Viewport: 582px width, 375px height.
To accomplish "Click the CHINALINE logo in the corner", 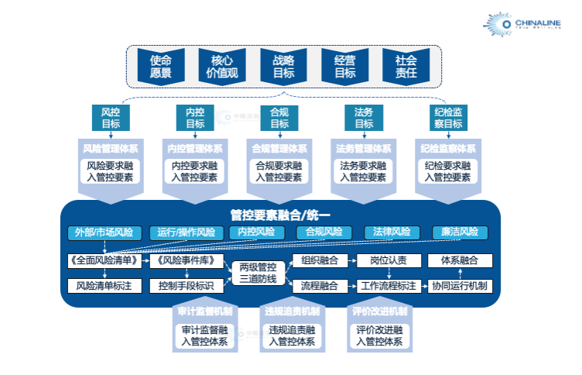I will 534,24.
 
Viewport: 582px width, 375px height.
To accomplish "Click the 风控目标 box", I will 111,118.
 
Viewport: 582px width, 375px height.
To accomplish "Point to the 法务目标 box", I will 364,118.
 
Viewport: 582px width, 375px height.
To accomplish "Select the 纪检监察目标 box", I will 448,118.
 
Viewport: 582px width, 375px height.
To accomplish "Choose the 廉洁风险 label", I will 460,232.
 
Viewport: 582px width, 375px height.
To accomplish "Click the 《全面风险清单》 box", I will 104,260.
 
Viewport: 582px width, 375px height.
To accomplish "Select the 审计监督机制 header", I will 204,311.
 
